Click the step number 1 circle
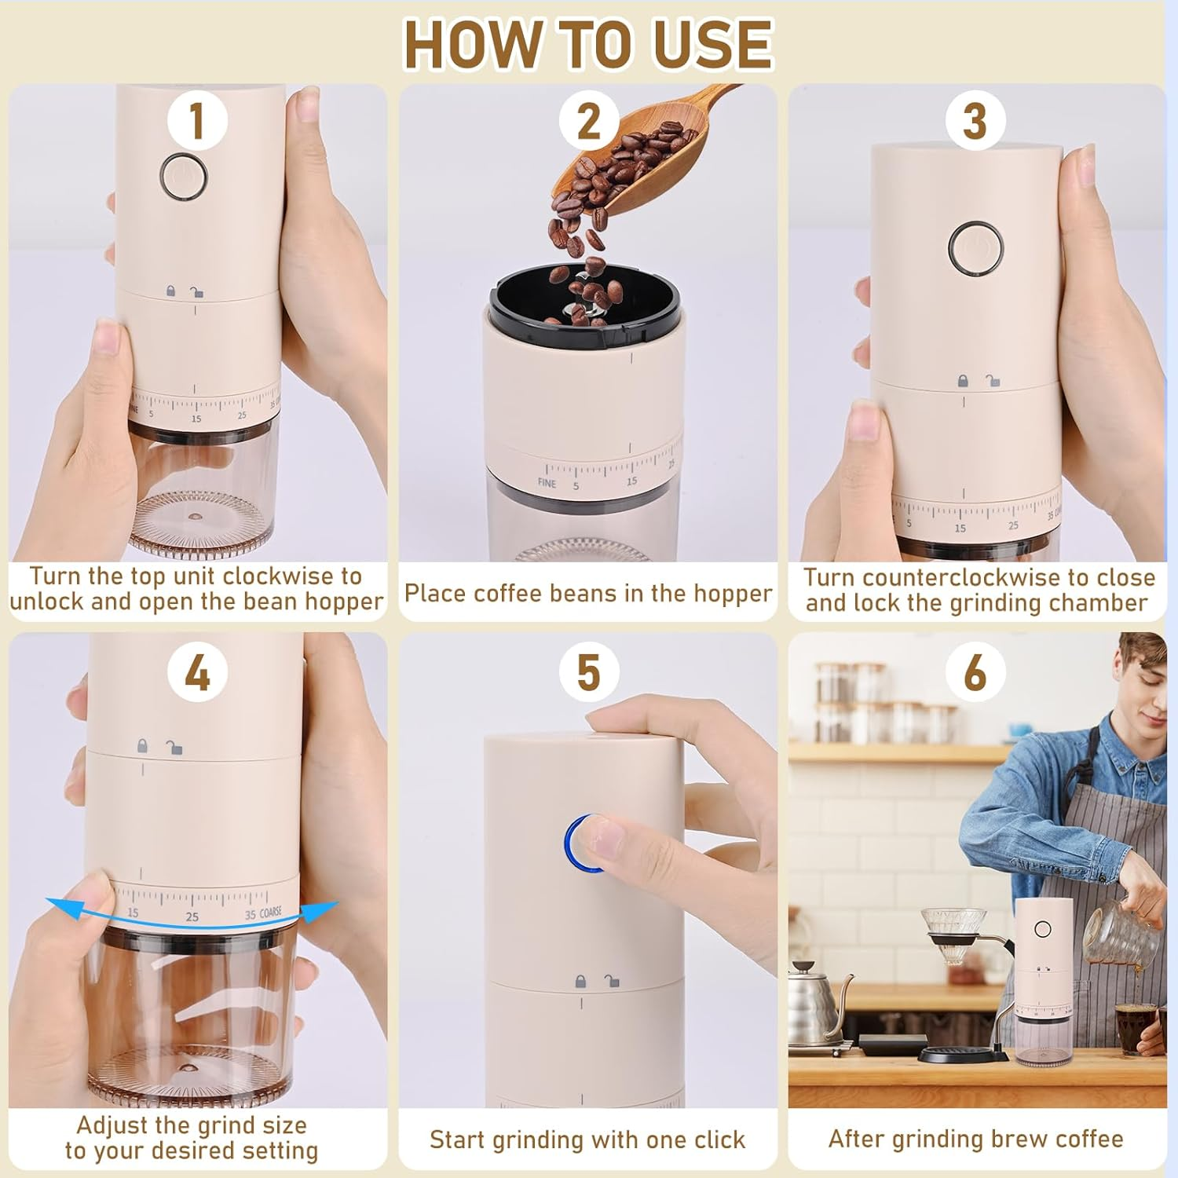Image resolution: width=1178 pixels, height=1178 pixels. point(197,121)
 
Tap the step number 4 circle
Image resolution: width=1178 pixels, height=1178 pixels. point(197,673)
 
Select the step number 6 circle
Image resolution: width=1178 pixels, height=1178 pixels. point(975,673)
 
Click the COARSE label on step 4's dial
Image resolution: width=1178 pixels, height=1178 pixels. point(271,913)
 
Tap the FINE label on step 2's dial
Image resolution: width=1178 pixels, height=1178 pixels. point(547,483)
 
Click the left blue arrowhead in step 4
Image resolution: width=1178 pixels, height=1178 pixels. point(55,903)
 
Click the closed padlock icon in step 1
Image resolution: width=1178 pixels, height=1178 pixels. point(170,291)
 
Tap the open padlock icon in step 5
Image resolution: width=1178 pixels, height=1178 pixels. point(611,981)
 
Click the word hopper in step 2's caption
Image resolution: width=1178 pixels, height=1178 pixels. point(730,594)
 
